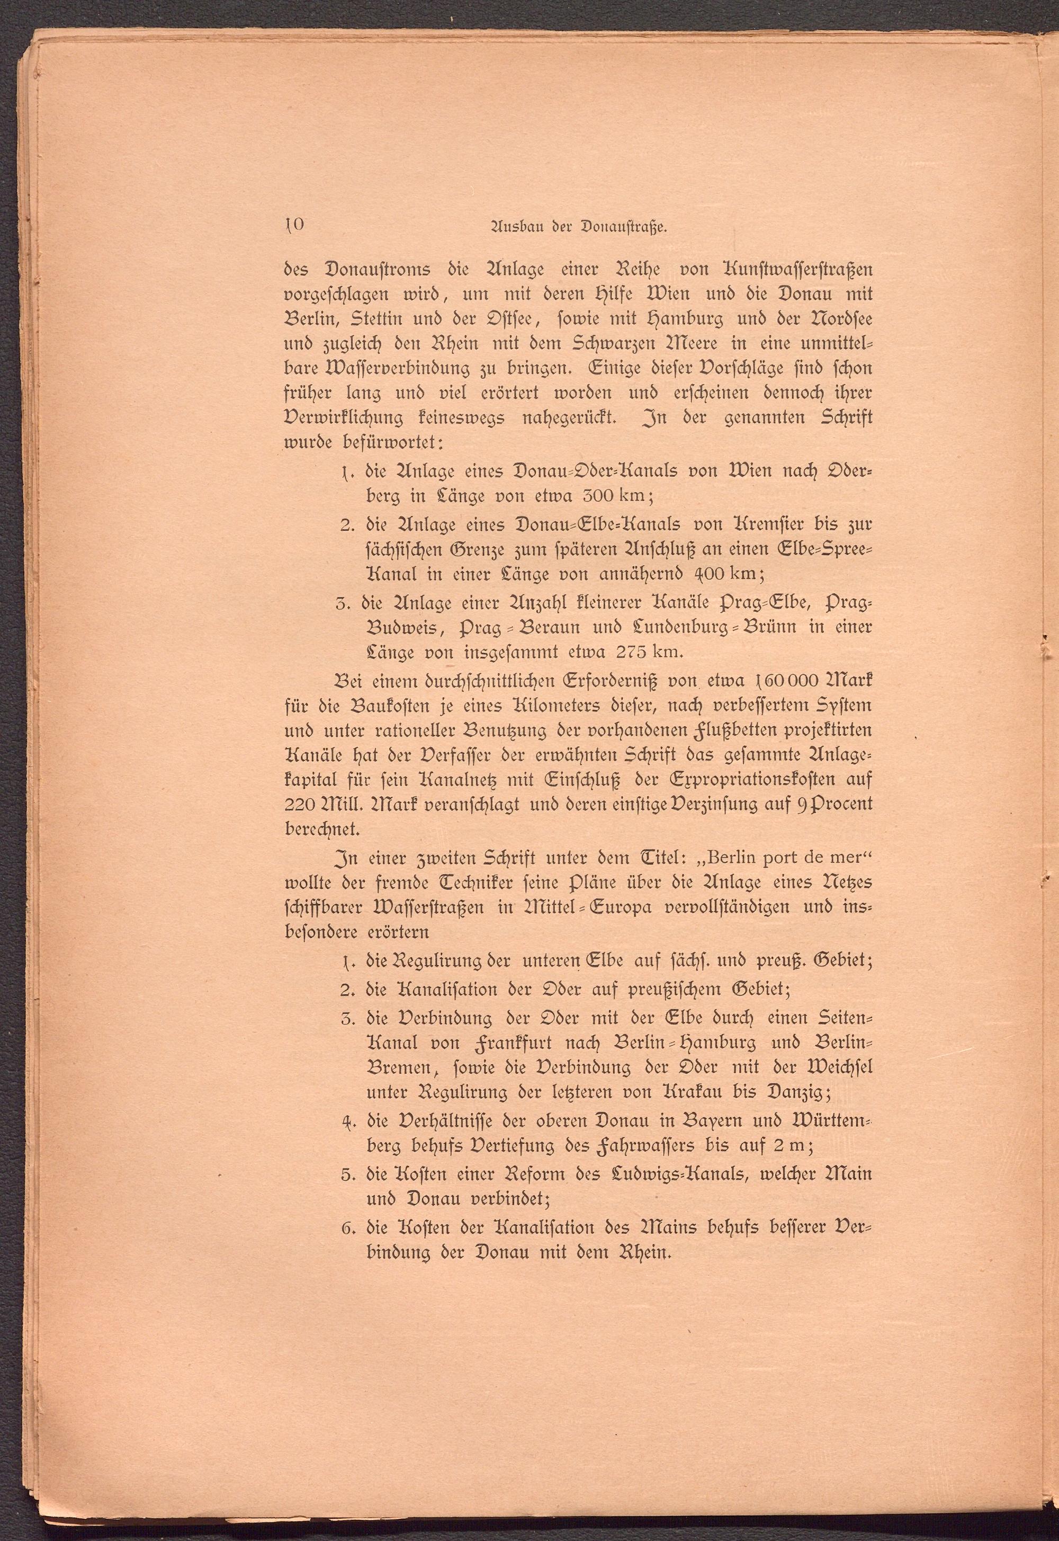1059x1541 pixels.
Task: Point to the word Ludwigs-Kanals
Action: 686,1174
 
